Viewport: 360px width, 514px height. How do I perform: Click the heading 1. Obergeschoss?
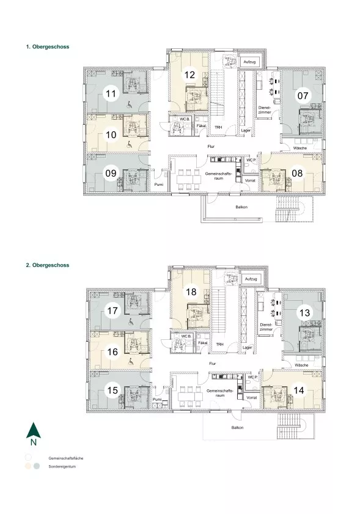(x=48, y=47)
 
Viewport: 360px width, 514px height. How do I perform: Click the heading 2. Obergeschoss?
(x=48, y=265)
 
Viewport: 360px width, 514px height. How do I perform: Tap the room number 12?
(x=189, y=75)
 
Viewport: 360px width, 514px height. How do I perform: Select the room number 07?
(x=303, y=96)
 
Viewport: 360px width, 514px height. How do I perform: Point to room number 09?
(x=111, y=173)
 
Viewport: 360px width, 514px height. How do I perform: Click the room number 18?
(x=191, y=292)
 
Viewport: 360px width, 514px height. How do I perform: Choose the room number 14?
(x=299, y=390)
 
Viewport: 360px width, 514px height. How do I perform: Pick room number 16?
(x=112, y=352)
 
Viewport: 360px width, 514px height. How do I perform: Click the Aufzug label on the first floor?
(x=249, y=62)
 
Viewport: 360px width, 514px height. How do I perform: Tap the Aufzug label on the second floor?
(x=251, y=279)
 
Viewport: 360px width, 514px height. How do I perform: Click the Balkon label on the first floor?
(x=241, y=207)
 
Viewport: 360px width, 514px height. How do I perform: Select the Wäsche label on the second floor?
(x=301, y=365)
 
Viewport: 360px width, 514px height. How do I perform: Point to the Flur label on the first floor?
(x=211, y=147)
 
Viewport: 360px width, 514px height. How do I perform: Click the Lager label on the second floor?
(x=247, y=348)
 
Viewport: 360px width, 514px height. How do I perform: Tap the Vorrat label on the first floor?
(x=250, y=180)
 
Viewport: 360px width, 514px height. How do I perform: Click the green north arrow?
(x=34, y=430)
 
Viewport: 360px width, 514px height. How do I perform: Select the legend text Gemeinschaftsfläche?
(x=66, y=458)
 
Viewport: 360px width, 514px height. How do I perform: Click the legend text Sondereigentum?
(x=62, y=466)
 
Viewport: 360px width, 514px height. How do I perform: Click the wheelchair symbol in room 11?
(x=130, y=105)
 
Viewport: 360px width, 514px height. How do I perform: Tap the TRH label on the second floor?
(x=219, y=345)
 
